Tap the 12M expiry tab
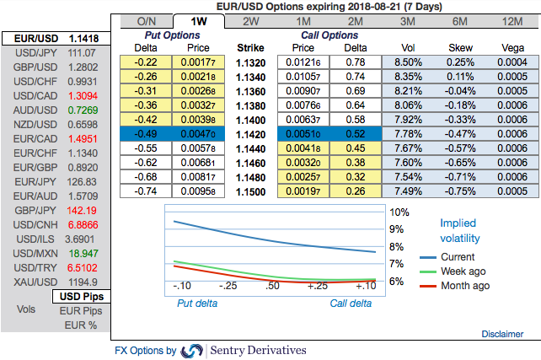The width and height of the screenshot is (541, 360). (512, 20)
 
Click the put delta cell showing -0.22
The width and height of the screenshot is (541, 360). (147, 62)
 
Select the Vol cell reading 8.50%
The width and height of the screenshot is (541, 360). (408, 62)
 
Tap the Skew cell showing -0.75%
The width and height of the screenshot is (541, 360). (460, 191)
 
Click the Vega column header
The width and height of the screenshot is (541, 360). (512, 48)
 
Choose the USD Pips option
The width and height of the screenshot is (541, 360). (81, 297)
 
